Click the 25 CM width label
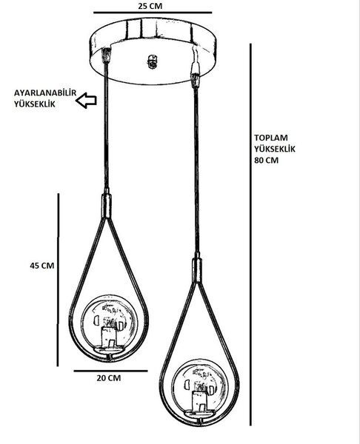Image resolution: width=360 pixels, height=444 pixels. click(150, 6)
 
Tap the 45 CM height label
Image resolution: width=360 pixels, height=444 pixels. click(42, 266)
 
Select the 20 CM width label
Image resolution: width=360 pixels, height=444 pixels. click(109, 378)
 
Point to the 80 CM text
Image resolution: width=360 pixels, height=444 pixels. click(266, 161)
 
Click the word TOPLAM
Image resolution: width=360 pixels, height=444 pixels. click(271, 138)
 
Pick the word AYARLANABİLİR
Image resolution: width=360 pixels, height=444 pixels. click(45, 93)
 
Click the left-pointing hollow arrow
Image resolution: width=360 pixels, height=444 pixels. click(86, 100)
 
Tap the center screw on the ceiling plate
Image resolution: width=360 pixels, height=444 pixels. click(153, 61)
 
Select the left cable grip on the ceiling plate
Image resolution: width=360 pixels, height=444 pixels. click(107, 55)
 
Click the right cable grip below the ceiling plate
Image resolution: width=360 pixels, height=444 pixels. click(196, 80)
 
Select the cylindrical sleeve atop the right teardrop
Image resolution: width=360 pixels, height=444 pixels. click(197, 270)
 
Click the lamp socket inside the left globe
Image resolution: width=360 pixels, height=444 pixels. click(109, 337)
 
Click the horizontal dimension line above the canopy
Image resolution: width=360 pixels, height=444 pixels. click(153, 13)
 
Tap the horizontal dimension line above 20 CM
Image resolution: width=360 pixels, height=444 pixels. click(110, 371)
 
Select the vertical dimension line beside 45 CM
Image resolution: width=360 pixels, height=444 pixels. click(58, 280)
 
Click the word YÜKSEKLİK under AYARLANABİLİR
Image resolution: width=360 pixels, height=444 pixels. click(35, 104)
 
